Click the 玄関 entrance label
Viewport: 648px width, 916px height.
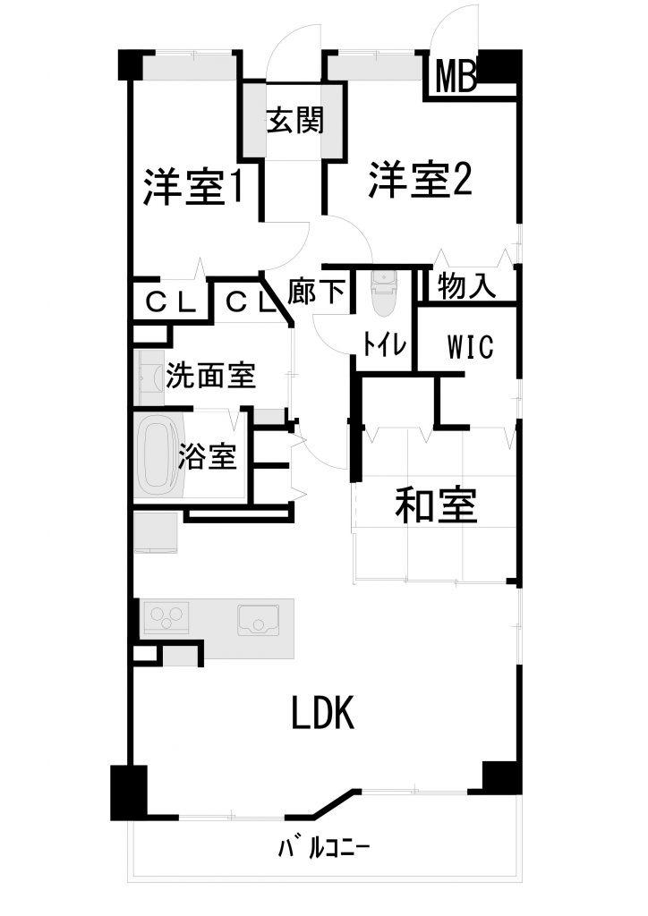(x=294, y=121)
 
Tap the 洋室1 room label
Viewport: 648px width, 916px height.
(x=192, y=187)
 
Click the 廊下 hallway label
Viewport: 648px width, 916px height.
(x=316, y=291)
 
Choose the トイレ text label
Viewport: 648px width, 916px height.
(x=384, y=344)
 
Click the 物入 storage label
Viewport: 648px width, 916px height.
(x=466, y=287)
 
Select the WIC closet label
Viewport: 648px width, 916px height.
(x=471, y=346)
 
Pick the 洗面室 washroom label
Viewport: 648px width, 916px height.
(x=211, y=376)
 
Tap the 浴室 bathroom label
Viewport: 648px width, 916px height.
(x=208, y=456)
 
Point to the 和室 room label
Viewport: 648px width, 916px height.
(x=436, y=505)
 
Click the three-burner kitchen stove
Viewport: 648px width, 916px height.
(x=166, y=617)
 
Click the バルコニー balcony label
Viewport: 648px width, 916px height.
(x=323, y=848)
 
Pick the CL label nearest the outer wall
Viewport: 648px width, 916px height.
(x=170, y=302)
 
